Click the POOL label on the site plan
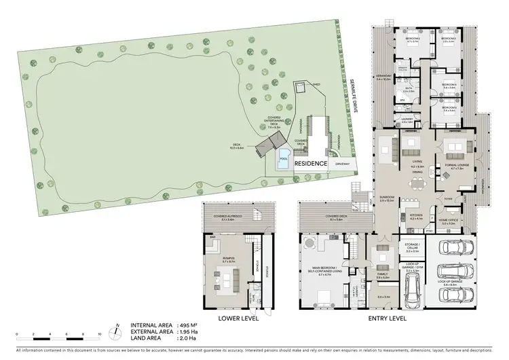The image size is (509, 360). (x=283, y=159)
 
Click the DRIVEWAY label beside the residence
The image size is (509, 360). (x=342, y=164)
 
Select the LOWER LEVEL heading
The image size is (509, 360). (x=235, y=318)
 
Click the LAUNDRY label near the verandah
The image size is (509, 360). (x=407, y=121)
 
